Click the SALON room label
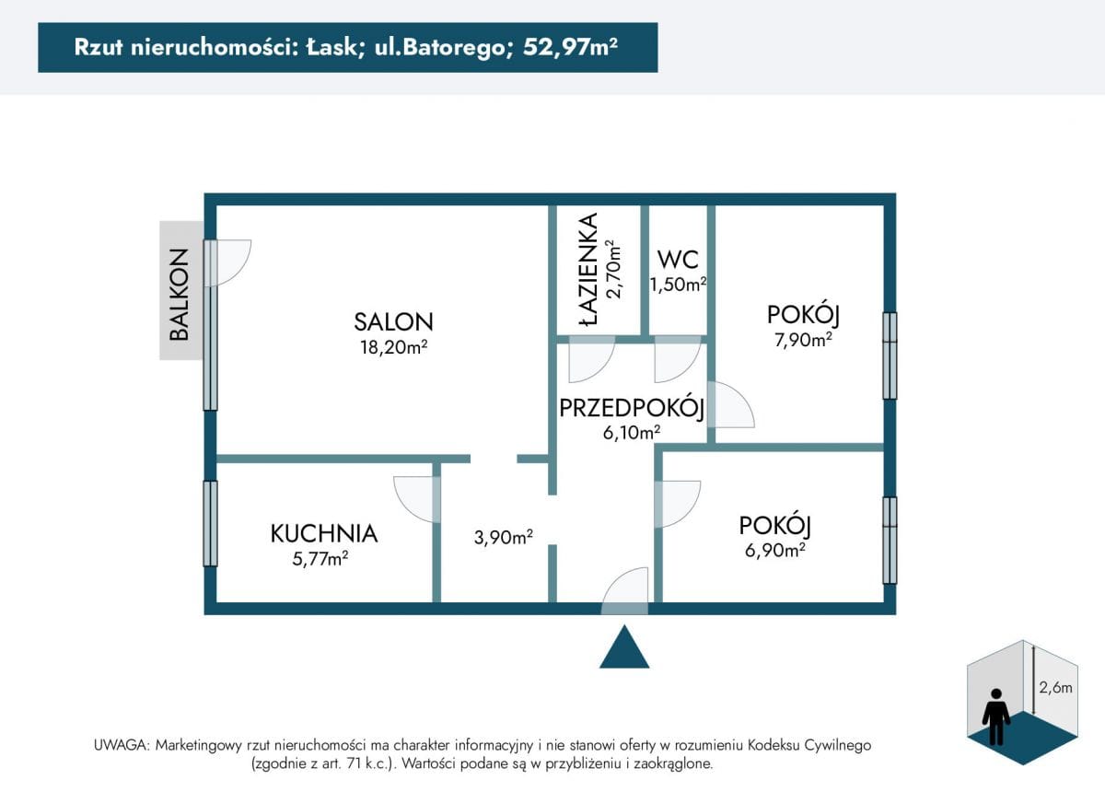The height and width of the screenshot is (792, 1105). coord(393,321)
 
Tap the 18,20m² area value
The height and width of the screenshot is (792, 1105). coord(393,347)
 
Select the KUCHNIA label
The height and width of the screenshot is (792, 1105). coord(323,533)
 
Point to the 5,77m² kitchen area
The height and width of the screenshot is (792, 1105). coord(320,559)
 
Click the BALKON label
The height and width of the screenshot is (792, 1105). coord(179,295)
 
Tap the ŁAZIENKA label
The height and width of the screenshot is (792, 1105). coord(588,270)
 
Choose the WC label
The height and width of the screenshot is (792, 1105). coord(678,260)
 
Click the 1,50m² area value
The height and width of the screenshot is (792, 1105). coord(678,285)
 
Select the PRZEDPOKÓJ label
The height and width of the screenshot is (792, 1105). coord(632,408)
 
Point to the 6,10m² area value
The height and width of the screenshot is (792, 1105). coord(632,433)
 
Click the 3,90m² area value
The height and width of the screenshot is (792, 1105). coord(503,537)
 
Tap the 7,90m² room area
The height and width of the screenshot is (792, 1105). coord(803,340)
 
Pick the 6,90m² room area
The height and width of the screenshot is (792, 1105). coord(775,550)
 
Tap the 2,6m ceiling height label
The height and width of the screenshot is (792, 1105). coord(1055,688)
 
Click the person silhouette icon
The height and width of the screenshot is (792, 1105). coord(996,716)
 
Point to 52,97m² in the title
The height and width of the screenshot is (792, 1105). coord(570,47)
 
